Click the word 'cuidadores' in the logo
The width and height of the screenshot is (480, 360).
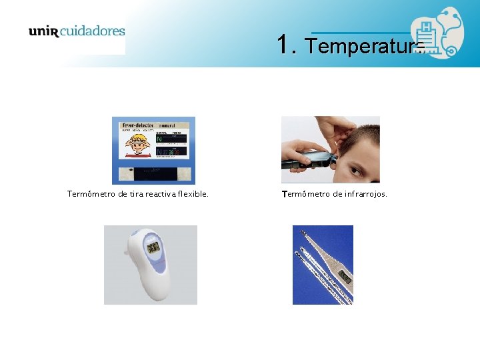coord(93,31)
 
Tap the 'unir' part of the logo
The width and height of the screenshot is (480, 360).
coord(44,31)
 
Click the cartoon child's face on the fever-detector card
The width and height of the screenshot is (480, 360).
coord(138,143)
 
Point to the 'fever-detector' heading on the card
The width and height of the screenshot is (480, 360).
coord(137,125)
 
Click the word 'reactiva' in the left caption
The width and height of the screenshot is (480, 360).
coord(147,195)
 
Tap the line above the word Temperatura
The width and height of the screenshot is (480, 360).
coord(360,33)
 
